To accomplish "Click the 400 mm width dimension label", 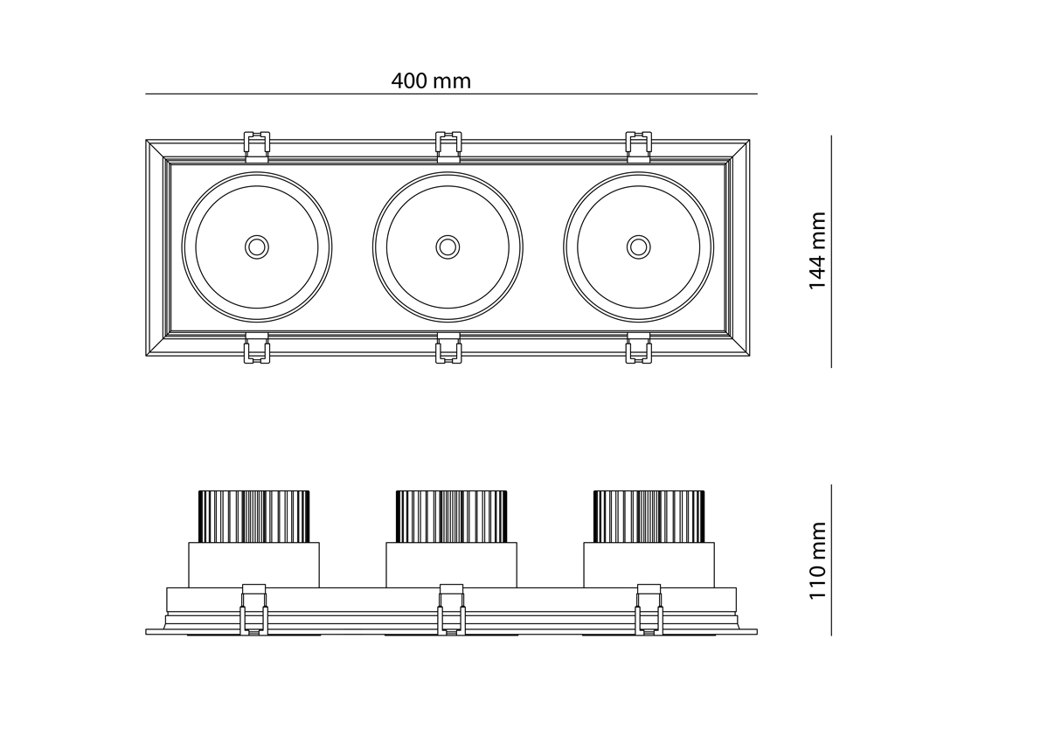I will click(x=430, y=81).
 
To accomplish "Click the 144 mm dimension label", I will click(x=816, y=251).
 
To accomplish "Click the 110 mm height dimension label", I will click(x=816, y=560).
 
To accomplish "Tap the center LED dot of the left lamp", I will click(x=256, y=246).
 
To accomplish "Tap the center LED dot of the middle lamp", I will click(x=448, y=246).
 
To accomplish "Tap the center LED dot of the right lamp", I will click(x=639, y=246).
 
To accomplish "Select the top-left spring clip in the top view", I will click(x=256, y=146).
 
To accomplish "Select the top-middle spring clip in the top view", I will click(x=448, y=146).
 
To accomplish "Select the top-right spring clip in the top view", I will click(x=639, y=146).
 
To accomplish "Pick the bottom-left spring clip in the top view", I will click(x=256, y=349).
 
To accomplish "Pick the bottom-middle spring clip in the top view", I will click(x=448, y=349).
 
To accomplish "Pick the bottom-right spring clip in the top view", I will click(x=639, y=349).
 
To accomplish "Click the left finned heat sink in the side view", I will click(x=254, y=516).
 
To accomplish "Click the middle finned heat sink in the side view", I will click(x=451, y=516).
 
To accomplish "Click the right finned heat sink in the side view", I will click(x=649, y=516).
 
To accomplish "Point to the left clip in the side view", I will click(x=253, y=608).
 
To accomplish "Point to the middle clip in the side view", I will click(x=451, y=608).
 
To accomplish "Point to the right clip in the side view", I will click(x=649, y=608).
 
